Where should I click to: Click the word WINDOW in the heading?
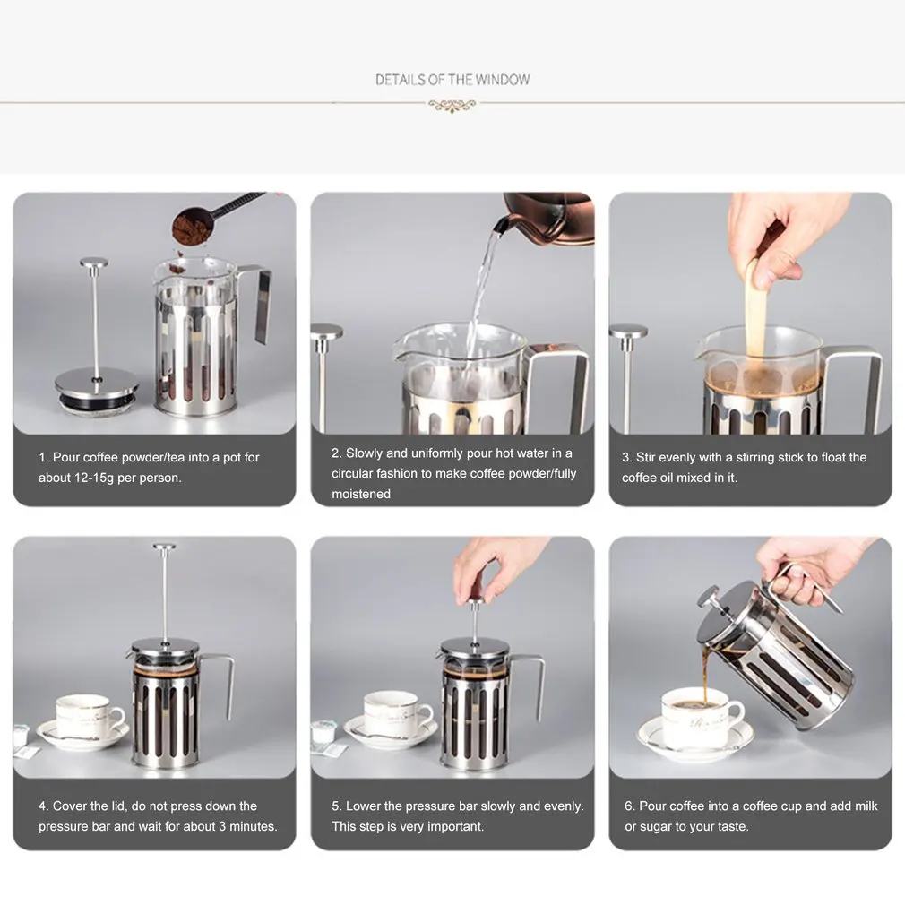pyautogui.click(x=502, y=80)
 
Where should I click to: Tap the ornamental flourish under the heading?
pyautogui.click(x=452, y=106)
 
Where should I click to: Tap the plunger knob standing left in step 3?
pyautogui.click(x=628, y=332)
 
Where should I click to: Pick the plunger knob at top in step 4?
pyautogui.click(x=165, y=547)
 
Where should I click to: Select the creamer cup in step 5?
pyautogui.click(x=321, y=734)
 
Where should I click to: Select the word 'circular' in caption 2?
pyautogui.click(x=352, y=473)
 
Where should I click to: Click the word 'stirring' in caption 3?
pyautogui.click(x=755, y=458)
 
